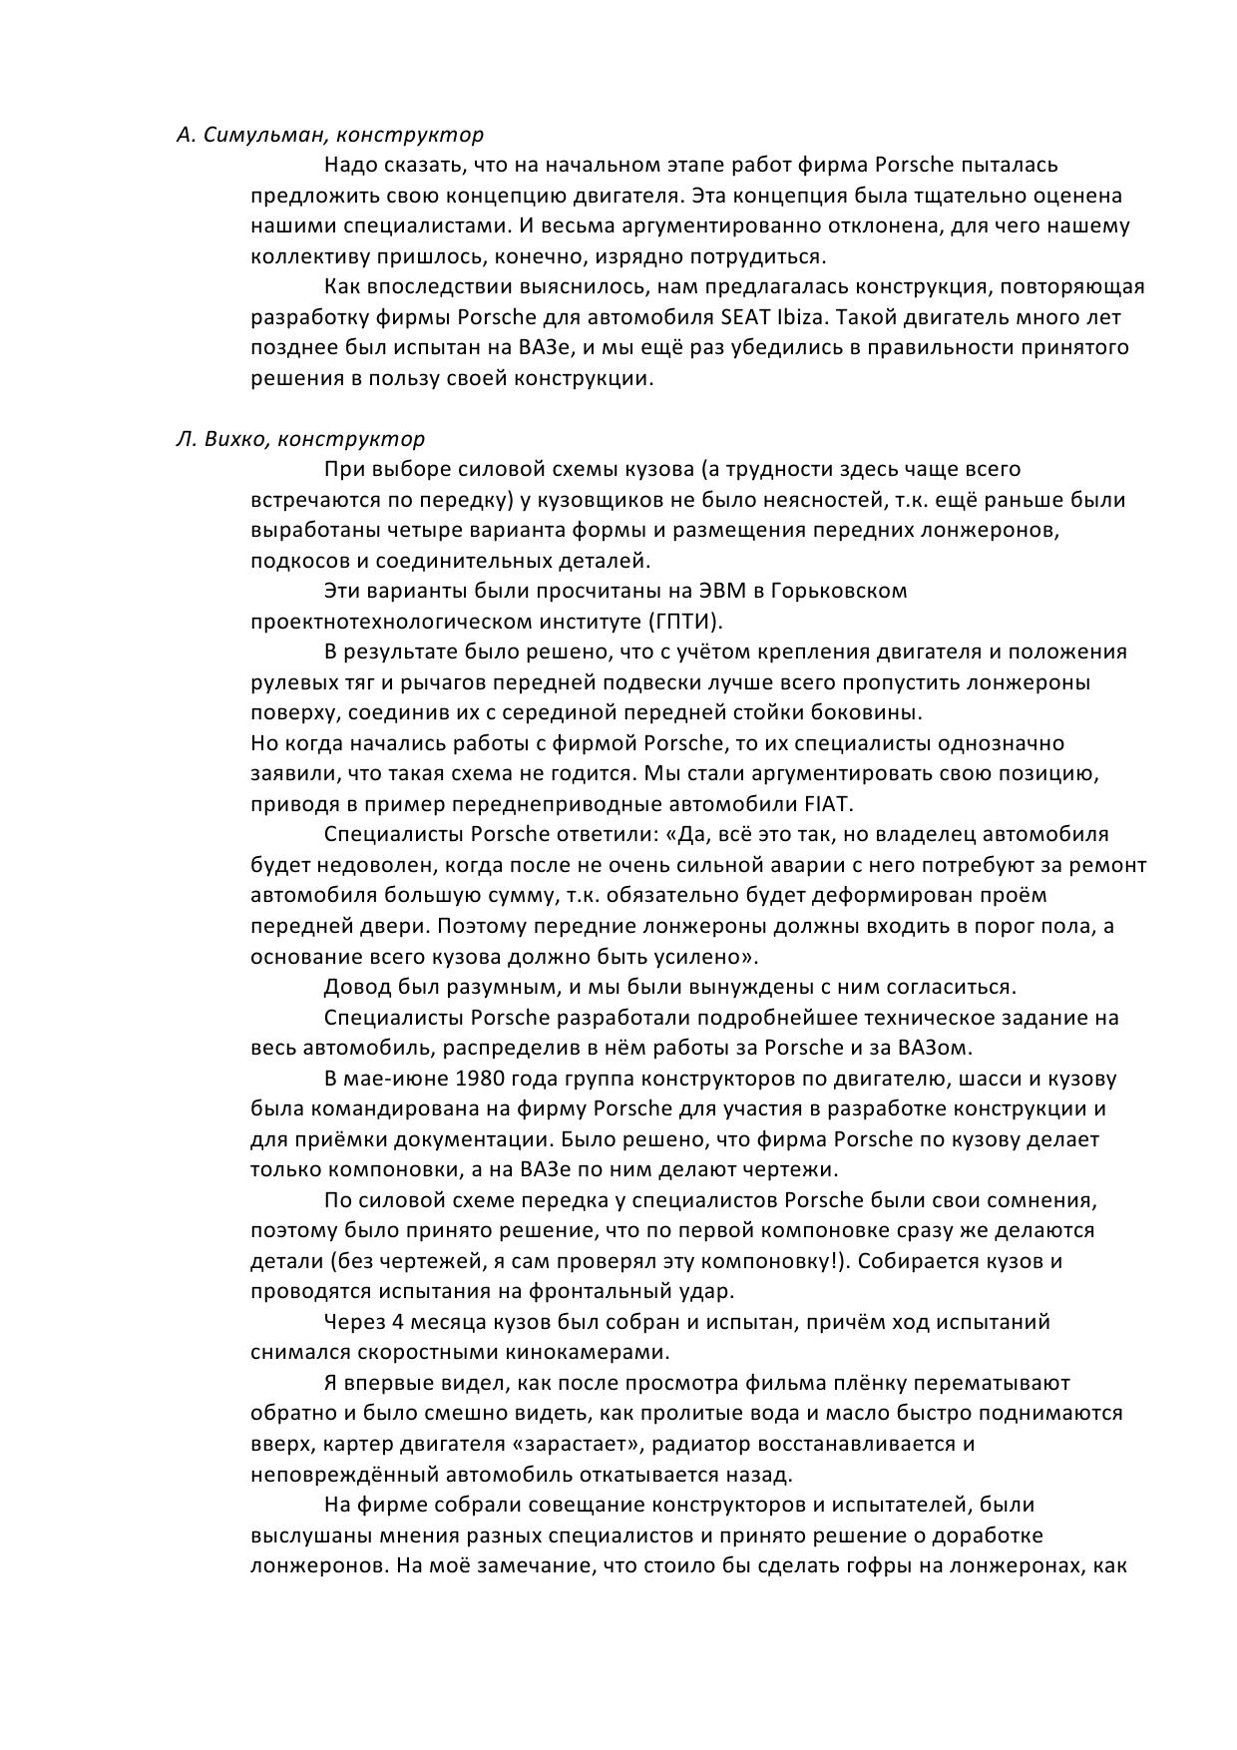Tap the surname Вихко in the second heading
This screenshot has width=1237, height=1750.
click(232, 439)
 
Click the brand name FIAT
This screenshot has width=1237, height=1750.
click(827, 804)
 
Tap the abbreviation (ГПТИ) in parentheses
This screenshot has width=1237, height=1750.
click(688, 622)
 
